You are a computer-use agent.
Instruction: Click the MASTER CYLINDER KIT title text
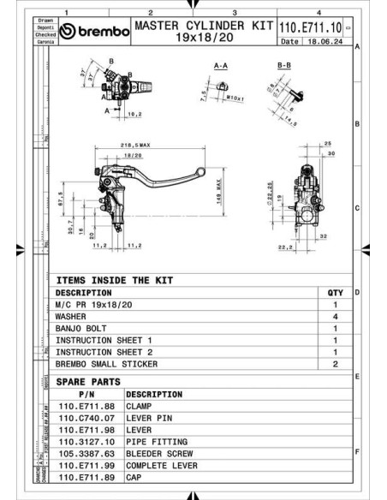click(202, 26)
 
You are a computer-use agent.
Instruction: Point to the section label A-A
click(220, 65)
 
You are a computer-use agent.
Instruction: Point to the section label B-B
click(285, 65)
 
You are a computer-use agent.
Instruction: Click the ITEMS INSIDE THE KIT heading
click(114, 280)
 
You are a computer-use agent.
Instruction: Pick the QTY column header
click(335, 293)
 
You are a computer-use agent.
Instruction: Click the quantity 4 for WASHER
click(336, 316)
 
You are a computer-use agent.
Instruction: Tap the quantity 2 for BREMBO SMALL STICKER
click(336, 364)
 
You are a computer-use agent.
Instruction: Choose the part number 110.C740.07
click(86, 418)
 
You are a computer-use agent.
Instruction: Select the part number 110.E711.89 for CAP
click(86, 477)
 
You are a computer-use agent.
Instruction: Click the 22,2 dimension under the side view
click(285, 248)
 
